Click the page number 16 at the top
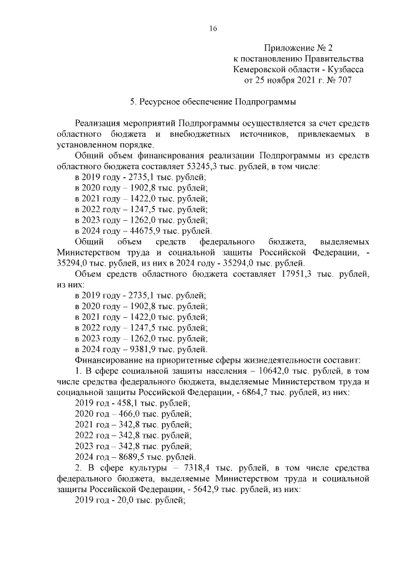click(213, 27)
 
